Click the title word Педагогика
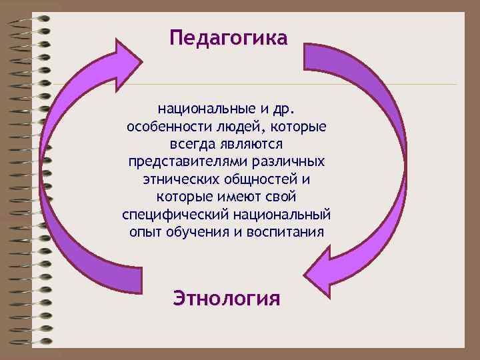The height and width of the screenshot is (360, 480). pyautogui.click(x=228, y=37)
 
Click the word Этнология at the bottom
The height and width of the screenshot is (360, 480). pyautogui.click(x=227, y=297)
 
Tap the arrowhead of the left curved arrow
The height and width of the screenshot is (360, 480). pyautogui.click(x=127, y=56)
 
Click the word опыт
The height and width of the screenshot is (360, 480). pyautogui.click(x=145, y=233)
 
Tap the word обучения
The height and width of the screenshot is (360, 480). pyautogui.click(x=195, y=233)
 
